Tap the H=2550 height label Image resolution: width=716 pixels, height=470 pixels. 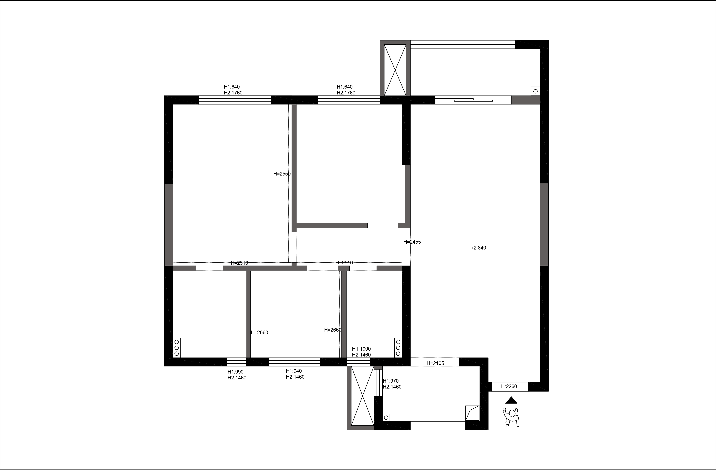tap(282, 174)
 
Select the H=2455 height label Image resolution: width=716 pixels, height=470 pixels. tap(412, 242)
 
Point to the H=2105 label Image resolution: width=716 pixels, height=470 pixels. tap(435, 363)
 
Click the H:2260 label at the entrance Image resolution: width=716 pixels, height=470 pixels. tap(509, 386)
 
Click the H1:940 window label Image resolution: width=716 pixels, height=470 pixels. tap(294, 371)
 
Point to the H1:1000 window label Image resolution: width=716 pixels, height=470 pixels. tap(361, 349)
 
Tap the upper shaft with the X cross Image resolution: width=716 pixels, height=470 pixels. tap(395, 70)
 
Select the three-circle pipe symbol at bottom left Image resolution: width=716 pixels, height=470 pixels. tap(177, 348)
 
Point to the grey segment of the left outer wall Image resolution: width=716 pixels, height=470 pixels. tap(168, 224)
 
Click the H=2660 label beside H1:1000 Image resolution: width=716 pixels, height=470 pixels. tap(333, 330)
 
